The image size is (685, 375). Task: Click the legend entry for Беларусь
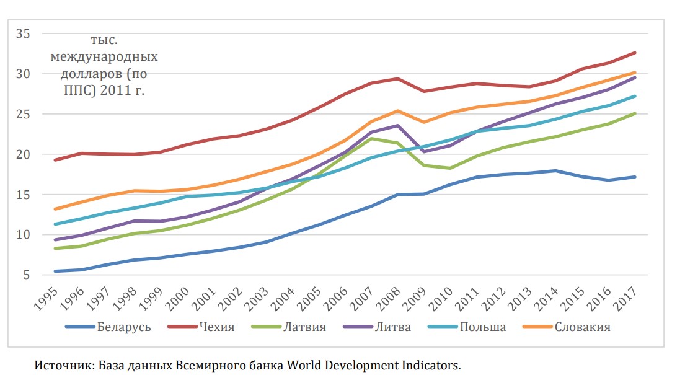[x=124, y=327]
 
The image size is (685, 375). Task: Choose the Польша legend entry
[x=482, y=327]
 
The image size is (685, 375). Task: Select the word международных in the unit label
[x=104, y=57]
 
